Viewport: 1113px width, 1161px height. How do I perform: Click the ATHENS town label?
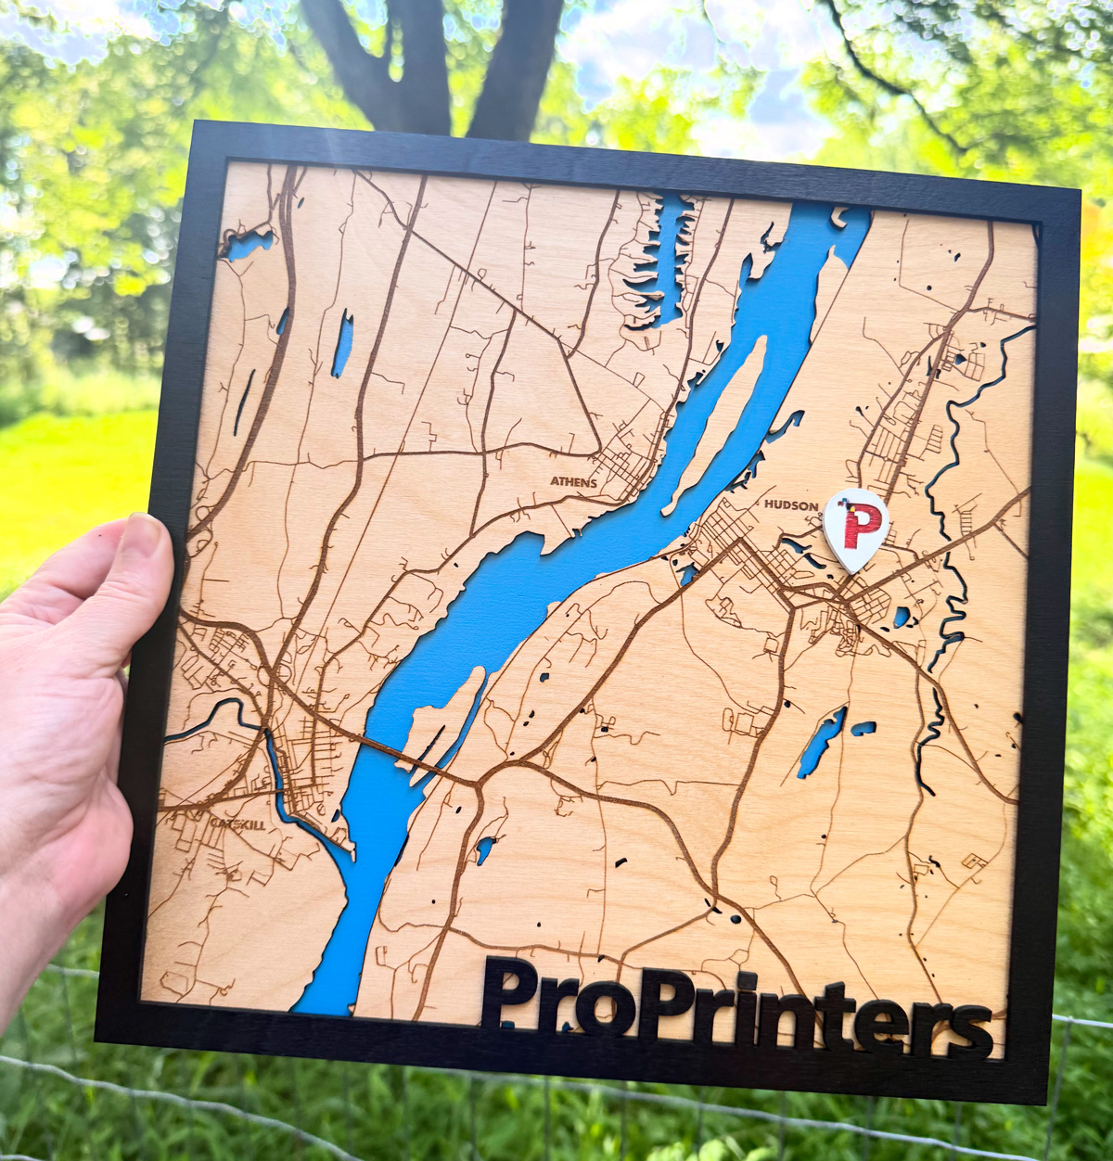pyautogui.click(x=572, y=482)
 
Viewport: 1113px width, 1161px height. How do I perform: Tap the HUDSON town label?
pyautogui.click(x=791, y=505)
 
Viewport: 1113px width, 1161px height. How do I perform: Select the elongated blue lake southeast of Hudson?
pyautogui.click(x=822, y=742)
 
